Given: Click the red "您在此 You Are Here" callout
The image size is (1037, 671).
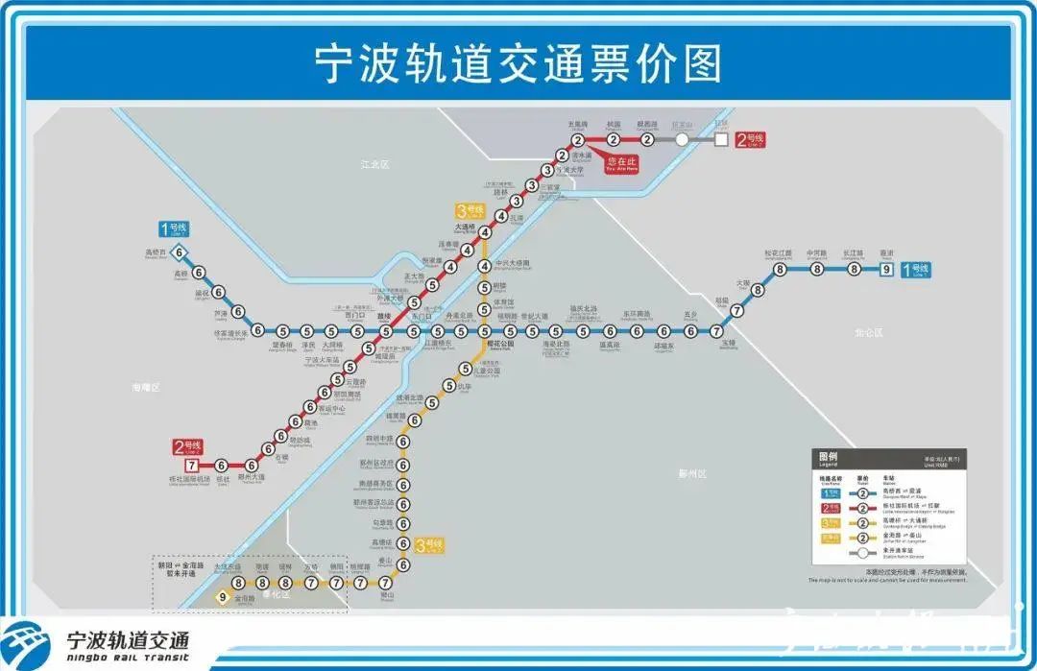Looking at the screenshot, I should [620, 163].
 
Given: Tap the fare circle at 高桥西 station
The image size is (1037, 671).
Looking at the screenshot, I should [182, 253].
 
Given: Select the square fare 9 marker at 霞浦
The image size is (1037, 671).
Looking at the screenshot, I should [885, 270].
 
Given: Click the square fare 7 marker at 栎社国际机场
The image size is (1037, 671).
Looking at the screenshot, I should [178, 466].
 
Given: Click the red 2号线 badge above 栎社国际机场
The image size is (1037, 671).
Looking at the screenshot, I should [187, 446].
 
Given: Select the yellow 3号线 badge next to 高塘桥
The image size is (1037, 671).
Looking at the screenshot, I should [430, 546].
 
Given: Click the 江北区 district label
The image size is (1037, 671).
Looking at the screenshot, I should [375, 165].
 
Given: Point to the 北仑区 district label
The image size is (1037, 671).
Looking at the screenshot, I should [869, 332].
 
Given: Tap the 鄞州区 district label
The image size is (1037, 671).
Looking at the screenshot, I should [691, 473].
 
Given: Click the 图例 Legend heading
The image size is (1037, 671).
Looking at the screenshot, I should [828, 458].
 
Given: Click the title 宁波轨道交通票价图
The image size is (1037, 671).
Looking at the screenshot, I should [518, 63].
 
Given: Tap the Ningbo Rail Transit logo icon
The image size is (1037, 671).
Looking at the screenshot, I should [28, 642].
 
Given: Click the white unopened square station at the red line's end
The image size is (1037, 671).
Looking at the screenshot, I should [721, 139].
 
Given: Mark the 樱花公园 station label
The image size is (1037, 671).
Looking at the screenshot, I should [500, 343].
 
